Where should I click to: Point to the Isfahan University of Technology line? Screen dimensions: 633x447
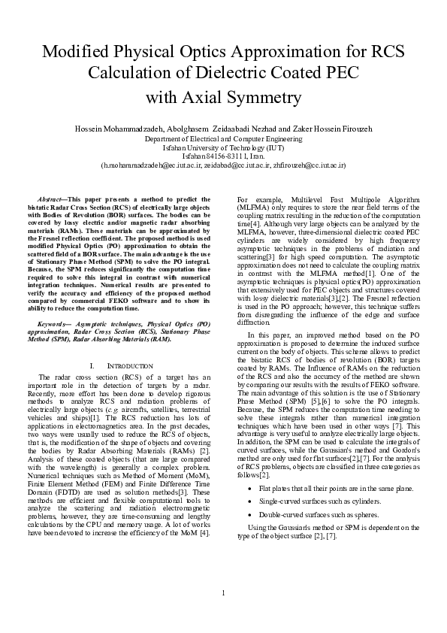(223, 147)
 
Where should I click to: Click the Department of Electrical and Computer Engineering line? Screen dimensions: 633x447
(223, 139)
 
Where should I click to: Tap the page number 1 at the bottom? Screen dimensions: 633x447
(223, 615)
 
